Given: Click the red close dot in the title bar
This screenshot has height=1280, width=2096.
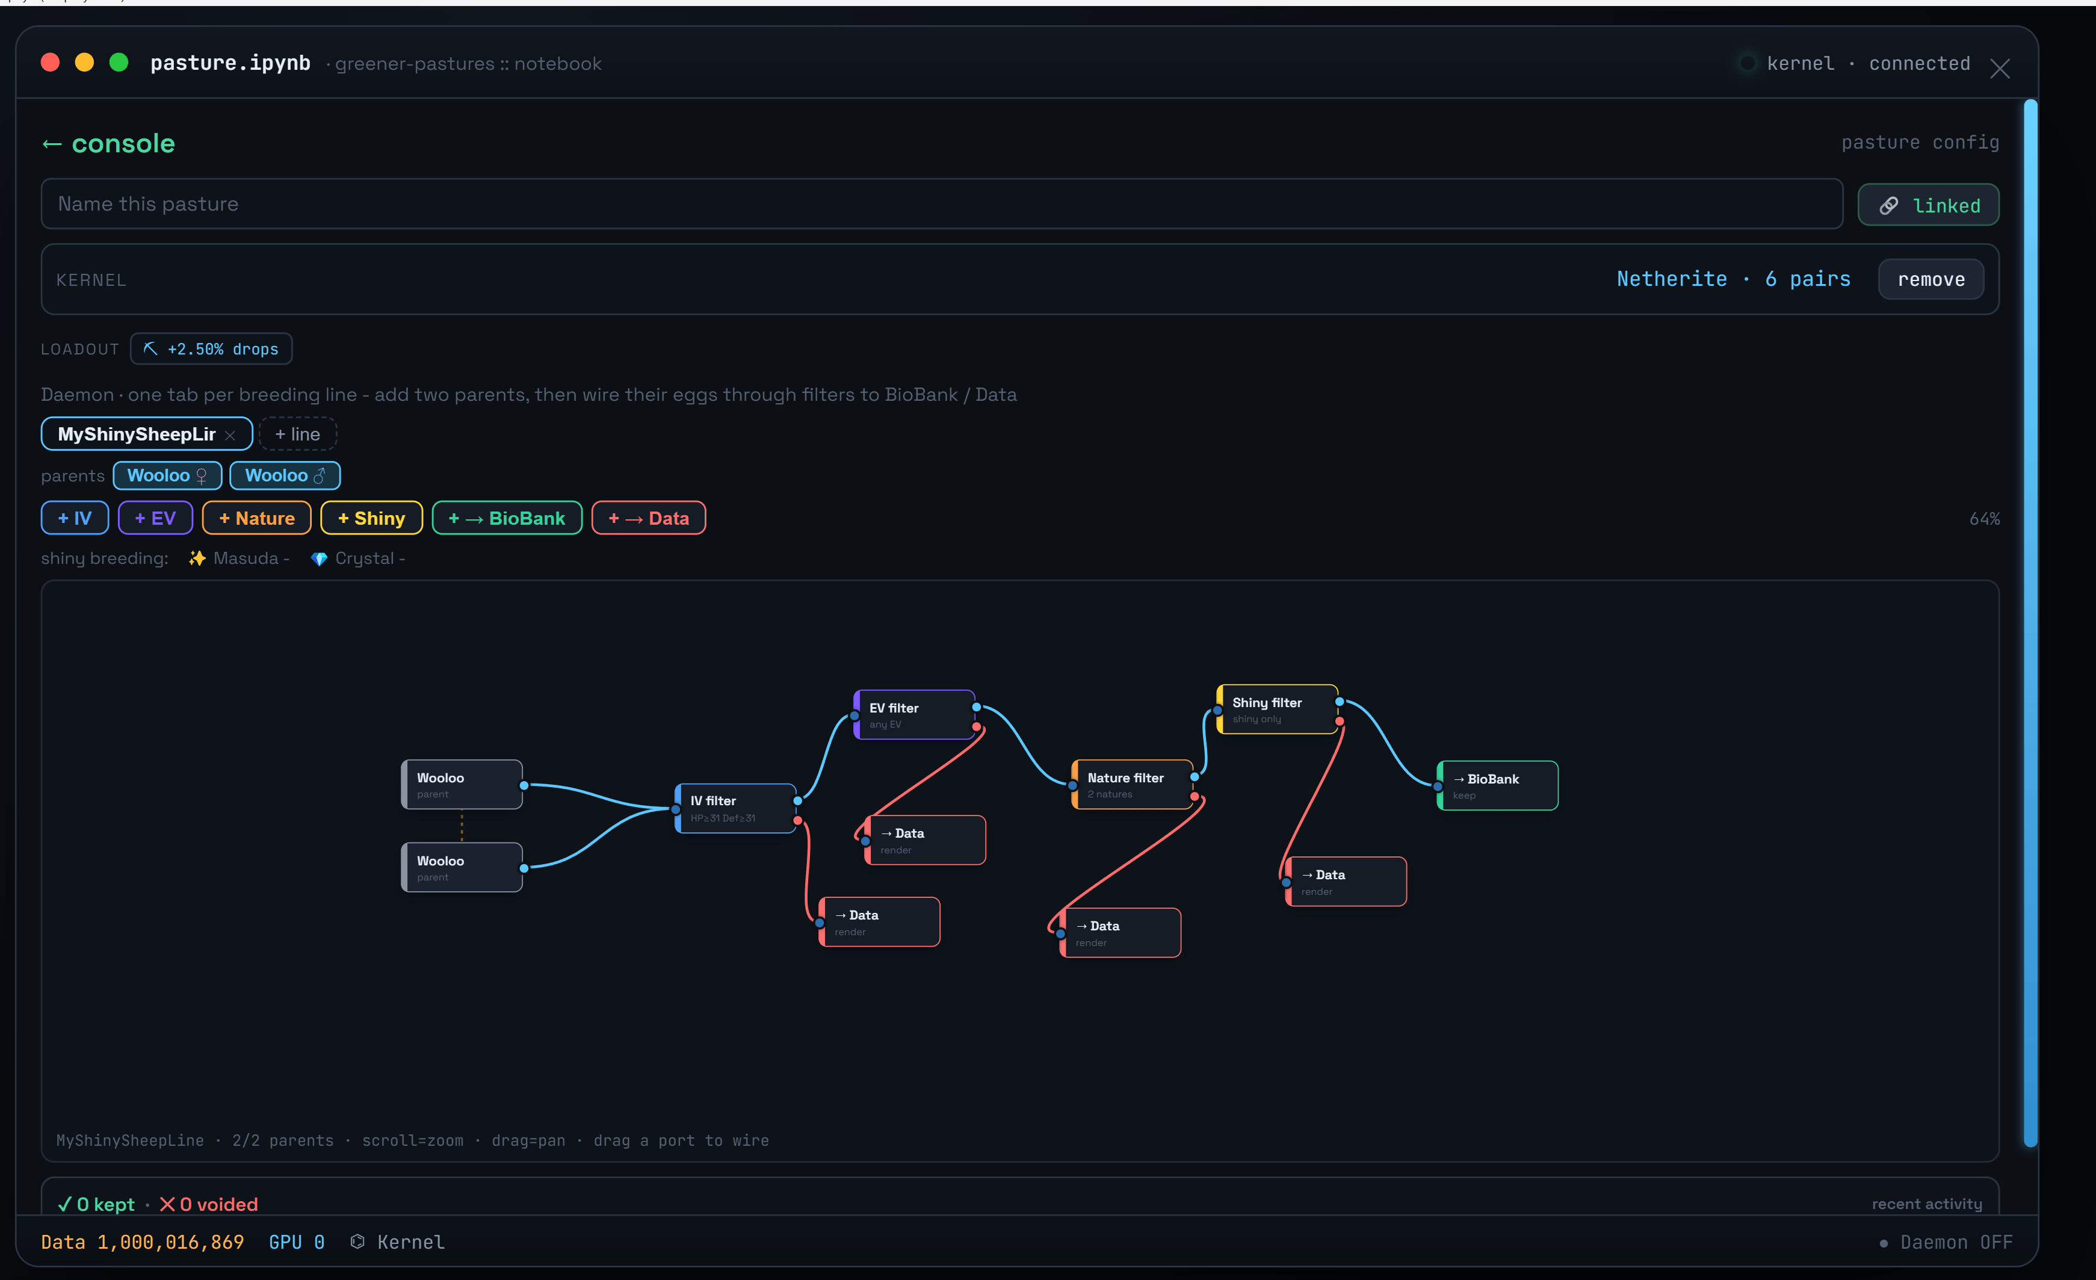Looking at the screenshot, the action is pos(50,62).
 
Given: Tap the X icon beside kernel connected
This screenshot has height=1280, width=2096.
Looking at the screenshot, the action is pos(2000,69).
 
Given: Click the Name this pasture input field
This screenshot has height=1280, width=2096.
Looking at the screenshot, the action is pos(942,204).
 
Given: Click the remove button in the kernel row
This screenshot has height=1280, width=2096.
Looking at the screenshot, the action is pos(1931,279).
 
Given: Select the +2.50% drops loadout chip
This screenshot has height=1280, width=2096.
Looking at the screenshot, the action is pos(211,348).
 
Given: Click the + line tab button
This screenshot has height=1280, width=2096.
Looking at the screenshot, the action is pos(298,434).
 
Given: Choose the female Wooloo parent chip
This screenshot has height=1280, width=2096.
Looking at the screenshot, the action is pos(167,475).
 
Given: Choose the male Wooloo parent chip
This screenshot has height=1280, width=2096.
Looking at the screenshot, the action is pos(285,475).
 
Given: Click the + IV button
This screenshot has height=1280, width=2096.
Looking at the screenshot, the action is pos(75,518).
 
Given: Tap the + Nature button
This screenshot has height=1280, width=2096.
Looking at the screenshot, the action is pos(257,518).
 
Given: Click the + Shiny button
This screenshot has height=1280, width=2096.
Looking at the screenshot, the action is pos(372,518).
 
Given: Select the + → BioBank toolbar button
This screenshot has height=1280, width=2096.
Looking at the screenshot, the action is pos(507,518).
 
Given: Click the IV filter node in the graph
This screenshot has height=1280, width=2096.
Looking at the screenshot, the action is pos(736,808).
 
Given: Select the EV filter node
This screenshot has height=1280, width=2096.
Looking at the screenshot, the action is pos(915,714).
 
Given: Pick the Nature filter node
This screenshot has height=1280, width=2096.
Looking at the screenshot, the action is pos(1133,784).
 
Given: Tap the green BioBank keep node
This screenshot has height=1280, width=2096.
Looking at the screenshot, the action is pos(1498,786).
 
